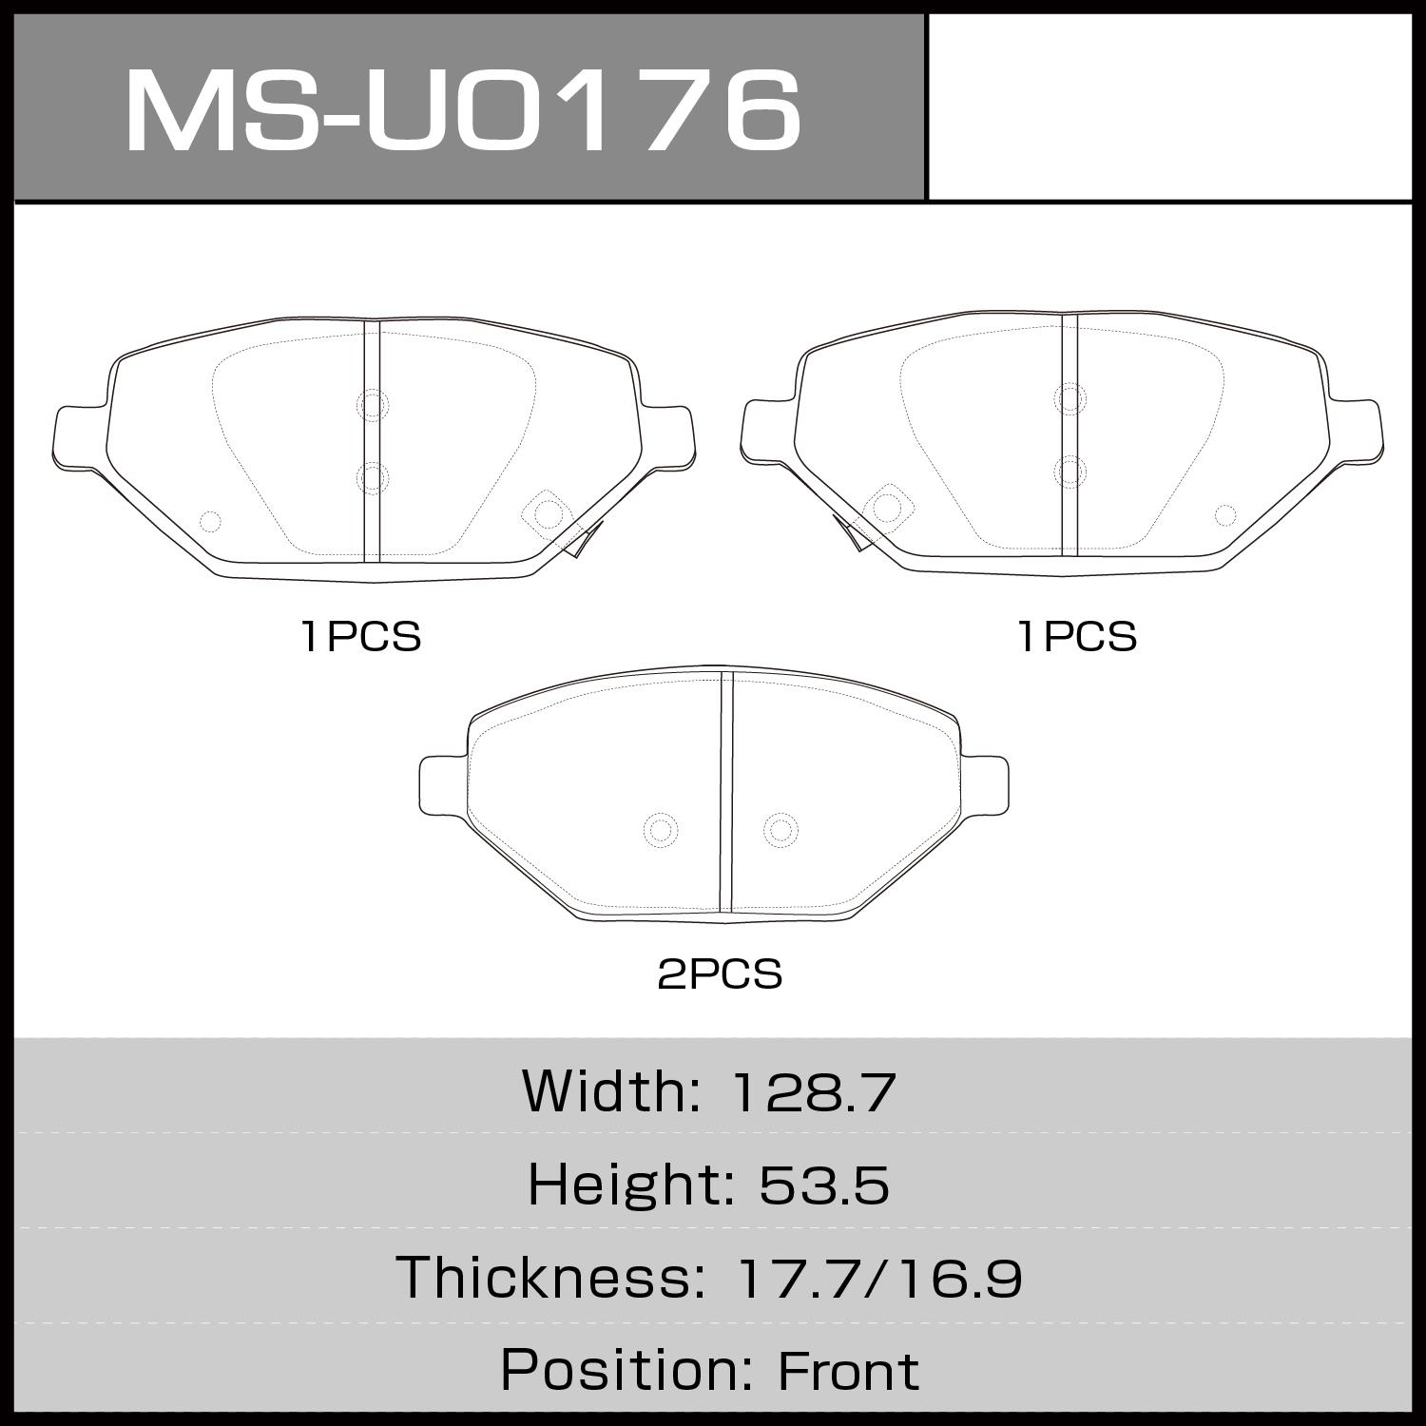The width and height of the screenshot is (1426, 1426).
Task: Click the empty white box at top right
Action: click(x=1169, y=106)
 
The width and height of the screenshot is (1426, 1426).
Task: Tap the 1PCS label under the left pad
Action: click(x=360, y=636)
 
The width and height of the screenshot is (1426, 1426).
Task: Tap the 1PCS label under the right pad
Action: click(x=1077, y=636)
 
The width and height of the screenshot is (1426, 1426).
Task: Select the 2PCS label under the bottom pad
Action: click(x=720, y=974)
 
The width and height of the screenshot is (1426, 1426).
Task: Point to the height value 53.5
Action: click(x=823, y=1185)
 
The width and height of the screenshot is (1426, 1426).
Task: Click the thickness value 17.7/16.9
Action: click(x=879, y=1277)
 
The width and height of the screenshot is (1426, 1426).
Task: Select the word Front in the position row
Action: click(x=848, y=1371)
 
